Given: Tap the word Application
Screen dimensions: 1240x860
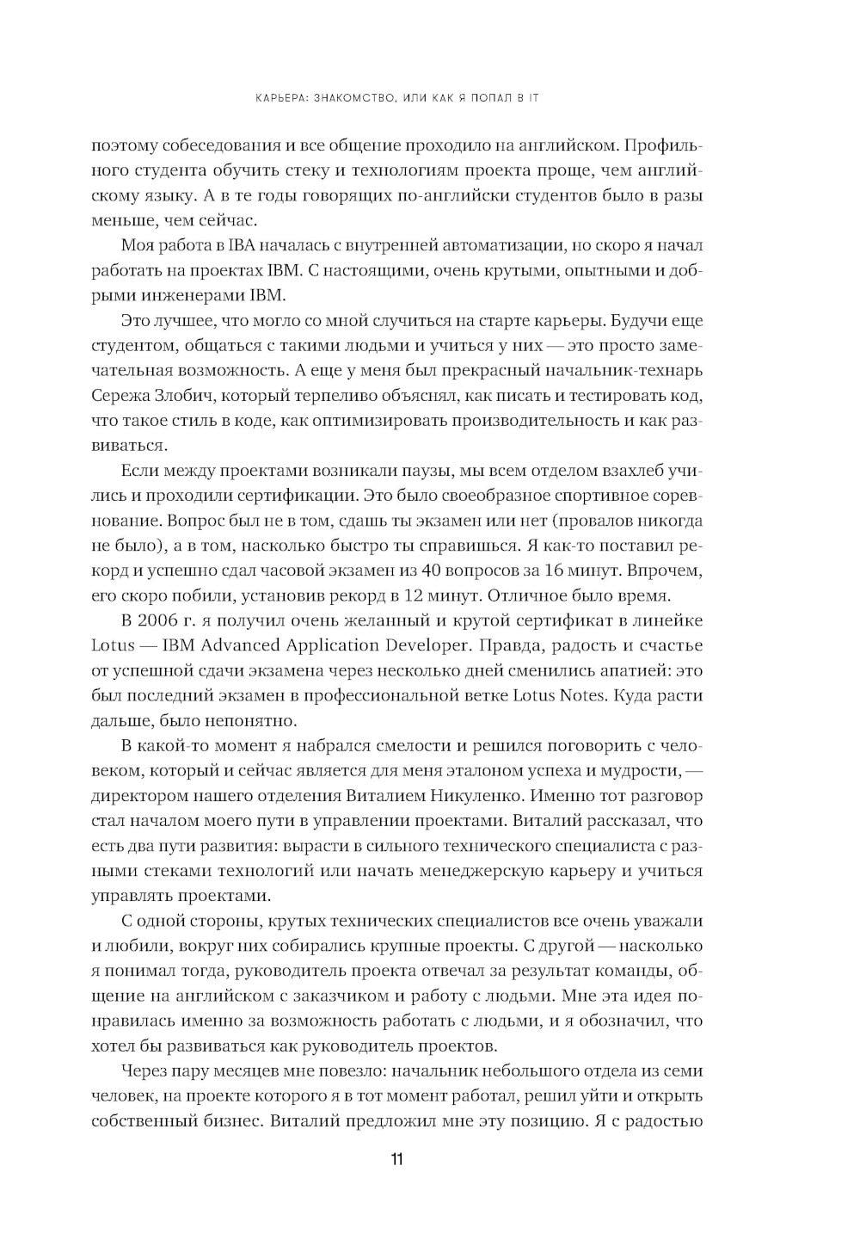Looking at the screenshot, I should coord(331,645).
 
